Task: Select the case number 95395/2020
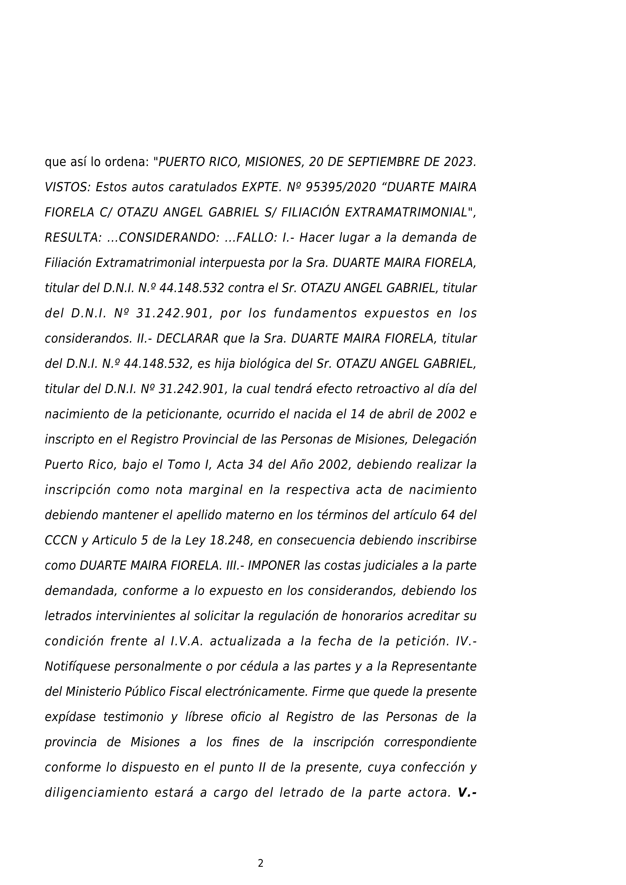[340, 187]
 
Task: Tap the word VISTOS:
[67, 187]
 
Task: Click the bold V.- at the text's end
[467, 793]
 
